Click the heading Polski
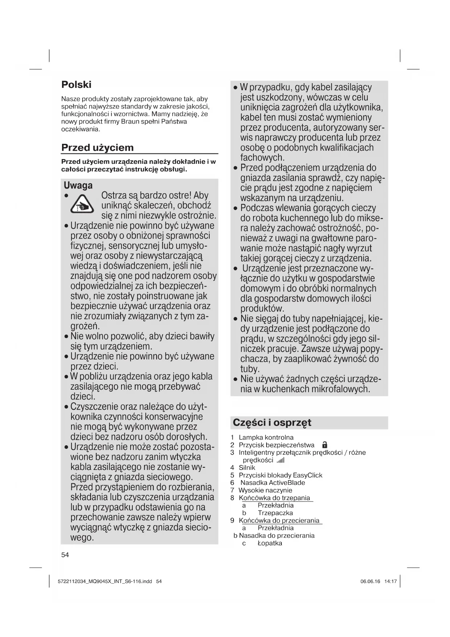(x=76, y=85)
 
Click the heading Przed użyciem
(x=97, y=147)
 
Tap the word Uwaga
(x=78, y=185)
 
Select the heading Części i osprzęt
(x=272, y=422)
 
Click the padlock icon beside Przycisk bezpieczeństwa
(x=325, y=445)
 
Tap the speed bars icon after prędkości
(x=281, y=460)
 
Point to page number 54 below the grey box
(x=65, y=555)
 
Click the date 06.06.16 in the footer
(x=370, y=581)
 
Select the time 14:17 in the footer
(x=390, y=581)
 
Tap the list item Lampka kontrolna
(x=266, y=438)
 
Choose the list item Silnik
(x=247, y=468)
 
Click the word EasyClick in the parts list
(x=307, y=475)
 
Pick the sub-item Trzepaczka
(x=275, y=513)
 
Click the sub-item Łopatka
(x=270, y=543)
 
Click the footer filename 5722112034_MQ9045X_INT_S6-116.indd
(x=105, y=581)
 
